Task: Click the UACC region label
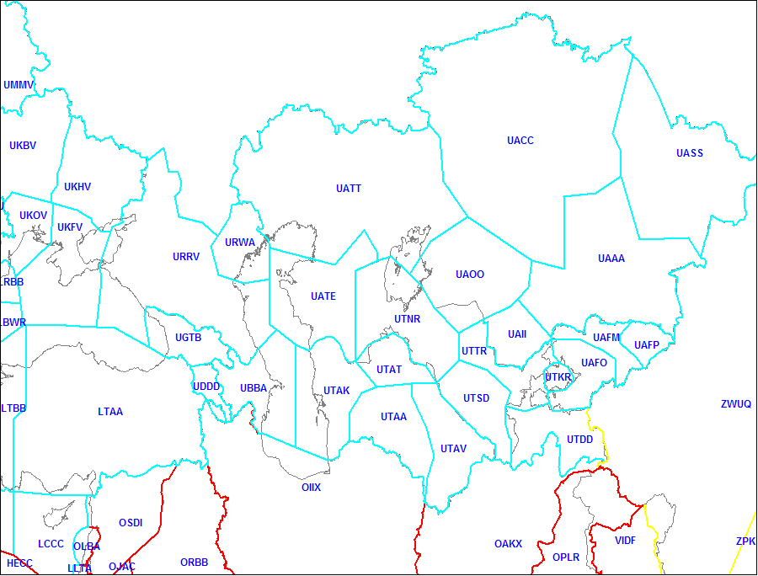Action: pyautogui.click(x=520, y=141)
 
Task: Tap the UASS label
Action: pyautogui.click(x=690, y=153)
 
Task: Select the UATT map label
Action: pyautogui.click(x=349, y=189)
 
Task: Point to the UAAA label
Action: pyautogui.click(x=611, y=259)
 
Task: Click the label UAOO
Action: pyautogui.click(x=470, y=275)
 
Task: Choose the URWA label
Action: pyautogui.click(x=240, y=243)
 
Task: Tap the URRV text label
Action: pyautogui.click(x=186, y=257)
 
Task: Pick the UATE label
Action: pyautogui.click(x=323, y=296)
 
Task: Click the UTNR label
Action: pyautogui.click(x=407, y=319)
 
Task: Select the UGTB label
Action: pyautogui.click(x=188, y=338)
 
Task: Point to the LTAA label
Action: pyautogui.click(x=110, y=412)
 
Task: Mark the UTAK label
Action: pyautogui.click(x=336, y=391)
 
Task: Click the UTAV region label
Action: pyautogui.click(x=453, y=449)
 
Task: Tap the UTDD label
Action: pyautogui.click(x=579, y=440)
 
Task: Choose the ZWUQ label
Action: pyautogui.click(x=735, y=404)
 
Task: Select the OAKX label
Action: pyautogui.click(x=508, y=544)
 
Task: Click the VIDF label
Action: pyautogui.click(x=625, y=540)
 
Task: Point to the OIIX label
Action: pyautogui.click(x=311, y=488)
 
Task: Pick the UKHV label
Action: pyautogui.click(x=77, y=187)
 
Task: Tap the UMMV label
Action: pyautogui.click(x=19, y=85)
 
